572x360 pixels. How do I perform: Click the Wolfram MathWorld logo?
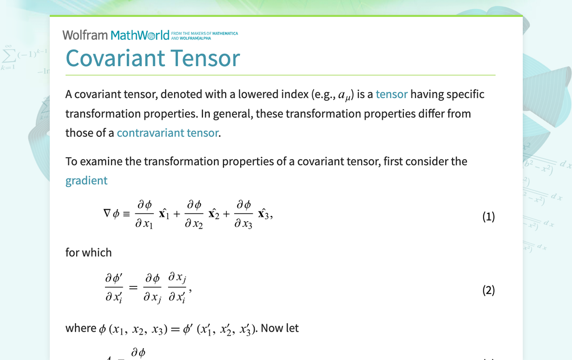[x=116, y=35]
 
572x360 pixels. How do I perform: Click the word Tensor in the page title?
[x=205, y=58]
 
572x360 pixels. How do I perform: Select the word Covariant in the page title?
[x=115, y=58]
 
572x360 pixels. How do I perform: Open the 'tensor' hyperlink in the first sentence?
[x=391, y=94]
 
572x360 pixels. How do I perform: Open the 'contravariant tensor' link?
[x=168, y=133]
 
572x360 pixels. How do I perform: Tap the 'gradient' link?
[x=87, y=181]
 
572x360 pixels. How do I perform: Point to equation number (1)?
[x=488, y=217]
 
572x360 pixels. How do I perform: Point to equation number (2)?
[x=488, y=290]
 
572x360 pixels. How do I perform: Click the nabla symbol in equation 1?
[x=107, y=213]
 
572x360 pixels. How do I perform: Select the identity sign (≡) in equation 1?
[x=126, y=214]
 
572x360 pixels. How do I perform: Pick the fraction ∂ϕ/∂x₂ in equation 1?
[x=193, y=214]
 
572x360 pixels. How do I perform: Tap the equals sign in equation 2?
[x=133, y=288]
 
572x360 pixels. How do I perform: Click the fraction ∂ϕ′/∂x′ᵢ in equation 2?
[x=114, y=288]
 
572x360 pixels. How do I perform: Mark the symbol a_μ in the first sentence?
[x=344, y=95]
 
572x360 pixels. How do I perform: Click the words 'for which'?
[x=89, y=253]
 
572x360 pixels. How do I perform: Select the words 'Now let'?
[x=280, y=328]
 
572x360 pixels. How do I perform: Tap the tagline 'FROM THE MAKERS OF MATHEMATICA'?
[x=204, y=33]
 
